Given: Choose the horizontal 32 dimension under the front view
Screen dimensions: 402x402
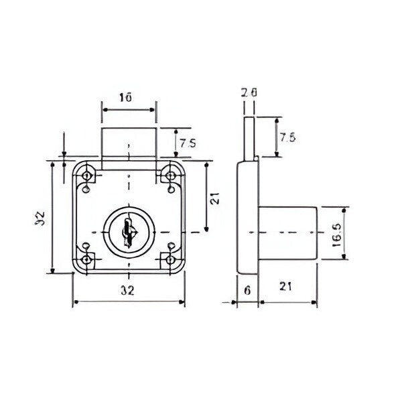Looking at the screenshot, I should (128, 291).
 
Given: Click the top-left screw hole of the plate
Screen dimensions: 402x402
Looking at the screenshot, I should (86, 176).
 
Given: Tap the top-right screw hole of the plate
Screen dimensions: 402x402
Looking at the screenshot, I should (170, 176).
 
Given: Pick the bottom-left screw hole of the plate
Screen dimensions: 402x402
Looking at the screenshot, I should (86, 259).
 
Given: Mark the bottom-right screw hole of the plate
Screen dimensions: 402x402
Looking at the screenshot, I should (170, 259).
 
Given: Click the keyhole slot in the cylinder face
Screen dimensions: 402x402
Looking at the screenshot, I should (128, 231).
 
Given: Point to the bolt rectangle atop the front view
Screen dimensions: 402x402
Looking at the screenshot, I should (128, 144).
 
